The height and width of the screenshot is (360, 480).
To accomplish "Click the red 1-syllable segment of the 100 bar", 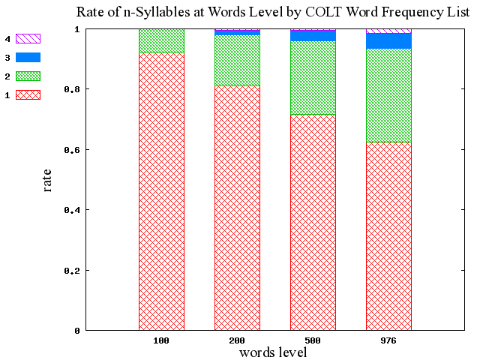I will (x=161, y=191).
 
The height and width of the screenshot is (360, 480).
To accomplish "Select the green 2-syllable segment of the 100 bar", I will (x=161, y=41).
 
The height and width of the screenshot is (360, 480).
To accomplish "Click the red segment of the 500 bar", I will (x=313, y=222).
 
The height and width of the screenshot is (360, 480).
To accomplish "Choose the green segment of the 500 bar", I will (x=313, y=78).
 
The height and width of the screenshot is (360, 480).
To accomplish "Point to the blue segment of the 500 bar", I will (x=313, y=36).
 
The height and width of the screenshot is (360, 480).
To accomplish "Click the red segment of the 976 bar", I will (x=388, y=235).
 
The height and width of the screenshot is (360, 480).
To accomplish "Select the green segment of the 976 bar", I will (x=388, y=95).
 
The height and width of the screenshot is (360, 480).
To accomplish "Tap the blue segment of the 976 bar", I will (x=388, y=41).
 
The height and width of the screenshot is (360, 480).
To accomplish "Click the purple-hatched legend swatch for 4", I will (x=28, y=38).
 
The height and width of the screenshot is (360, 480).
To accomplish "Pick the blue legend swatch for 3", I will (x=28, y=57).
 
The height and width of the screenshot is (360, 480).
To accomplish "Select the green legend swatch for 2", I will (x=28, y=76).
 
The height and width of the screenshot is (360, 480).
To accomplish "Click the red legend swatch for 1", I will (x=28, y=94).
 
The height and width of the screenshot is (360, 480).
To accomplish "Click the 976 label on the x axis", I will (x=388, y=341).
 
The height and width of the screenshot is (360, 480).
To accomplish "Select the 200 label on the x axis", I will (x=237, y=341).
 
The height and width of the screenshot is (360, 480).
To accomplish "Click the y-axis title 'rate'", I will (x=47, y=180).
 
